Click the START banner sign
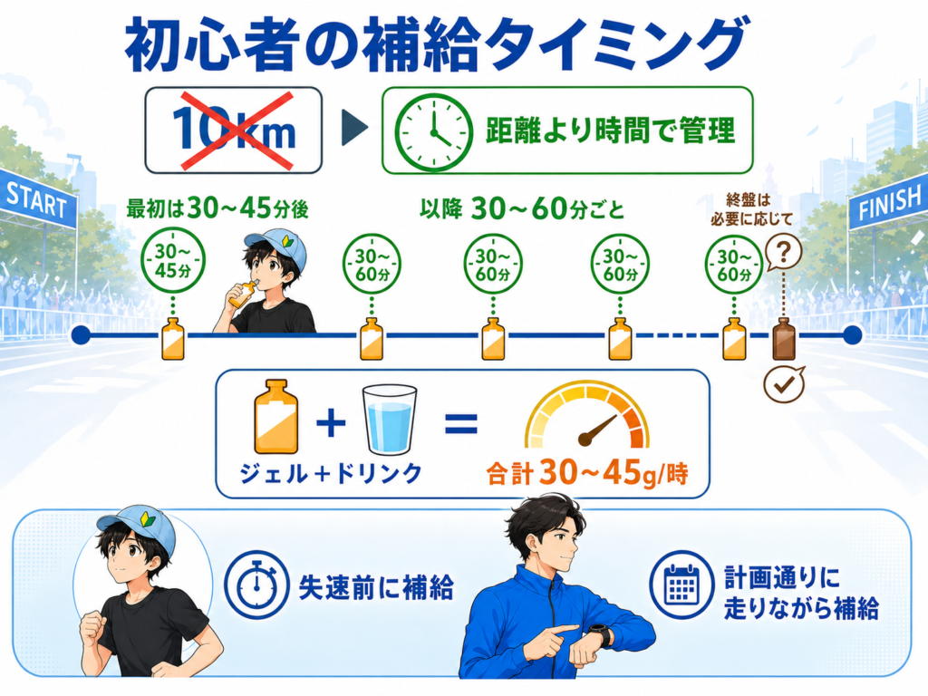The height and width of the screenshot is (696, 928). (36, 199)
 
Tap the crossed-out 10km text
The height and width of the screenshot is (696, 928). (233, 130)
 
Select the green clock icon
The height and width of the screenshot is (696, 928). (434, 130)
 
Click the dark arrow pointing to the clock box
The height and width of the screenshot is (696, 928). (355, 129)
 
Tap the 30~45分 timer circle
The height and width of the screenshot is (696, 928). (173, 262)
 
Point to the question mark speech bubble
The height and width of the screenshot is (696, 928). (784, 254)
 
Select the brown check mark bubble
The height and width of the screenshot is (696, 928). (784, 384)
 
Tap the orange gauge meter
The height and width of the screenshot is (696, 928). (586, 417)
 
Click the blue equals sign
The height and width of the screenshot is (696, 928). (461, 424)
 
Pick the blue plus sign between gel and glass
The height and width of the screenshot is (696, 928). (331, 422)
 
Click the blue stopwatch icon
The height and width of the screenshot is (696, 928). (257, 585)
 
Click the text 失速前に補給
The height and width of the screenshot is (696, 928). (376, 587)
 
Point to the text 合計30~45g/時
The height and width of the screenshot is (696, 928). (587, 474)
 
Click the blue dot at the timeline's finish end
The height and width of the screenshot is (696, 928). (852, 335)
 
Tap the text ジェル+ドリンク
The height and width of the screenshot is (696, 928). (330, 473)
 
